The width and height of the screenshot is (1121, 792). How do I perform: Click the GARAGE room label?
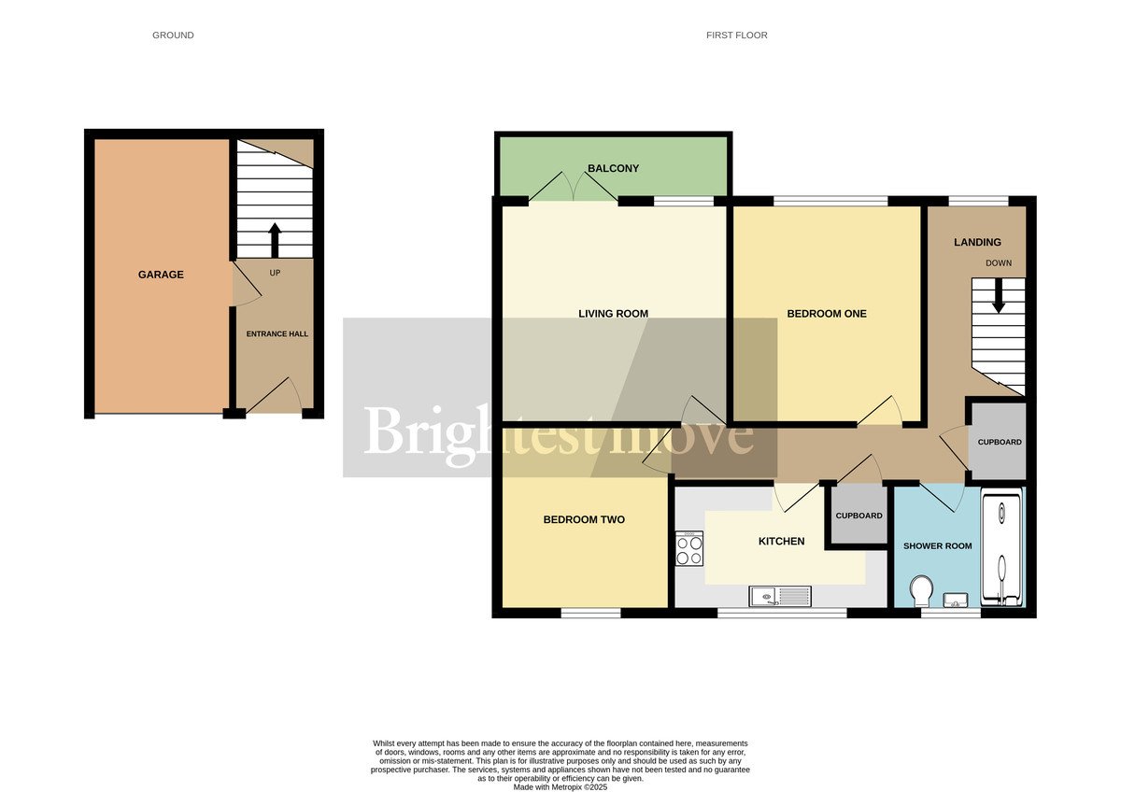click(161, 275)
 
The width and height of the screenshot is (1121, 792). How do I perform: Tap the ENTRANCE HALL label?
click(277, 333)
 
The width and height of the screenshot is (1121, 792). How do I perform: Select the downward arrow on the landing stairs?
click(998, 298)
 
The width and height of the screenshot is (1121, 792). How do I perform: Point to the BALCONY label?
click(613, 168)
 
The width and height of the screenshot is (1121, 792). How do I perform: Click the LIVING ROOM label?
click(613, 314)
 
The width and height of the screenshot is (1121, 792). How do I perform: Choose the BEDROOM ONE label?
click(827, 314)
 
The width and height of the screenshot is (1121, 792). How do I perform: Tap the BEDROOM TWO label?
click(584, 519)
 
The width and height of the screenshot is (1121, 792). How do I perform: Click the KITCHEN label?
click(781, 541)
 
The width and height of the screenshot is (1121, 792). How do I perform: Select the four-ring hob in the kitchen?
click(688, 548)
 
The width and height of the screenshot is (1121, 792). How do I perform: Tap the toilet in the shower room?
click(919, 590)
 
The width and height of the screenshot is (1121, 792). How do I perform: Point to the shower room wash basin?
click(955, 599)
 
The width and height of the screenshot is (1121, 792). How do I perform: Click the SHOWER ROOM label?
click(937, 545)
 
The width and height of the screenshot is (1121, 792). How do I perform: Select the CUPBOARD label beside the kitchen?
click(858, 516)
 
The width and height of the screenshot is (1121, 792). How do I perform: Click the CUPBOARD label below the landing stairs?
click(999, 442)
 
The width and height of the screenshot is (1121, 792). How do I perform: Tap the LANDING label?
click(977, 243)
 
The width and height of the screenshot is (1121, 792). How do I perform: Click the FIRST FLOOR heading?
click(737, 35)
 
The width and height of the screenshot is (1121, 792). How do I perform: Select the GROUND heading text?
click(173, 35)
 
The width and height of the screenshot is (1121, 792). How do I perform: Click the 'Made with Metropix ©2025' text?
click(560, 787)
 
